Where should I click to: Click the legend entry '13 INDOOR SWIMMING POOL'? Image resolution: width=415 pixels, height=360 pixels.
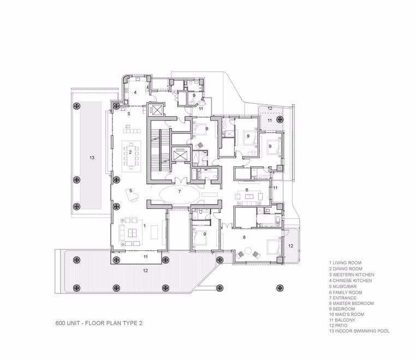click(x=359, y=331)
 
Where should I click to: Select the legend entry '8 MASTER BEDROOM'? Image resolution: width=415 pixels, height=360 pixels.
click(x=352, y=303)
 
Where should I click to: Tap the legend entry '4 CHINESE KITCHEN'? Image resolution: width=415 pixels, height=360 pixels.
click(x=351, y=280)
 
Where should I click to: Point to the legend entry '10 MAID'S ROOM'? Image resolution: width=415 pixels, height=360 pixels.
click(x=346, y=314)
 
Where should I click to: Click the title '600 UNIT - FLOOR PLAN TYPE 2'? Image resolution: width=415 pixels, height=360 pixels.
click(x=99, y=323)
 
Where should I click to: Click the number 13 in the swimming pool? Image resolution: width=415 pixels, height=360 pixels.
click(x=92, y=158)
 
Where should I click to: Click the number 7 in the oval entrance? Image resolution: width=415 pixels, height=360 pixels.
click(x=180, y=191)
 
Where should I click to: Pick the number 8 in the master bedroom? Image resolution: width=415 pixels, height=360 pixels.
click(x=244, y=237)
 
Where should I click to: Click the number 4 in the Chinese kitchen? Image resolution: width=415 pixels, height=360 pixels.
click(x=135, y=92)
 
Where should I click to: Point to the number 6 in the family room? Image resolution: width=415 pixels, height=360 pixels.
click(x=247, y=190)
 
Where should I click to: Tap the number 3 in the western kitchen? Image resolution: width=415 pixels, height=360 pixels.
click(x=129, y=114)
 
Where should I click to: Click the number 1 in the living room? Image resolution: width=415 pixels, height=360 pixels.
click(x=145, y=226)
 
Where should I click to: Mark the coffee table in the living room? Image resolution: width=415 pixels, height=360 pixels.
click(x=132, y=233)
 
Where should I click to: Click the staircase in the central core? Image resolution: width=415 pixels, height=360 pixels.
click(x=160, y=151)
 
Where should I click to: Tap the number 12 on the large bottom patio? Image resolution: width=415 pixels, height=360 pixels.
click(x=145, y=271)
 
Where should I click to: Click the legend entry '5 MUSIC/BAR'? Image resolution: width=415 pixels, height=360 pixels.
click(x=343, y=286)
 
